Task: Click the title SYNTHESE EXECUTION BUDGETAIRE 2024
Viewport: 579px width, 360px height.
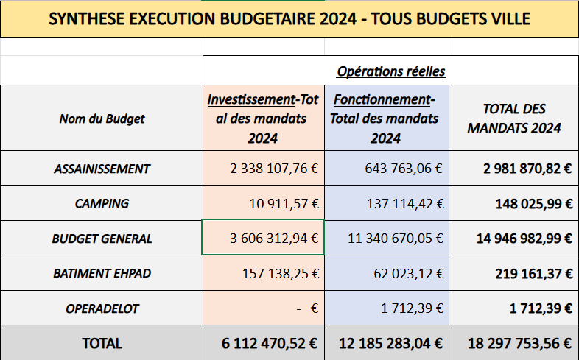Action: point(289,19)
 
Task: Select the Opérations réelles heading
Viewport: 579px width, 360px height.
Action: point(390,71)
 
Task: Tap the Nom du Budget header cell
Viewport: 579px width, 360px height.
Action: point(102,119)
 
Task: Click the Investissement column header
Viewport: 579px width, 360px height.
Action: point(263,119)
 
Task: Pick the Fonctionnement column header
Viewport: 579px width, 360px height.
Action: point(385,119)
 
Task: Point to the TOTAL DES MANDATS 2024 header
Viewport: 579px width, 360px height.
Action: point(513,118)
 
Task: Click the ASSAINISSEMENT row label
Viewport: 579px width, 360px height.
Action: point(102,169)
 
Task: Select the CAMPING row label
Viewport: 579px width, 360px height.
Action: point(102,203)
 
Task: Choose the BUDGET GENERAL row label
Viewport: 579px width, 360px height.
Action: point(102,239)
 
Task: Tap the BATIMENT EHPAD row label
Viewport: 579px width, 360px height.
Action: point(102,273)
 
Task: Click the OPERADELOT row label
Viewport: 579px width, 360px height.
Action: point(102,308)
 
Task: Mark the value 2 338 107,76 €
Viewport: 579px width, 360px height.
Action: point(273,169)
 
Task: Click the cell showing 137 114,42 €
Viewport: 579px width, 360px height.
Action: point(403,203)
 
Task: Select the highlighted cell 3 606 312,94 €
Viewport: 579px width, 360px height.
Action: point(273,239)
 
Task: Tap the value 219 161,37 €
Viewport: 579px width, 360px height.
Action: point(528,274)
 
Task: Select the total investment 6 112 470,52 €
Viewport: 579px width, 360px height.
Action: point(270,343)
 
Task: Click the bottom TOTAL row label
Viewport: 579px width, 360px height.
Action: point(102,343)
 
